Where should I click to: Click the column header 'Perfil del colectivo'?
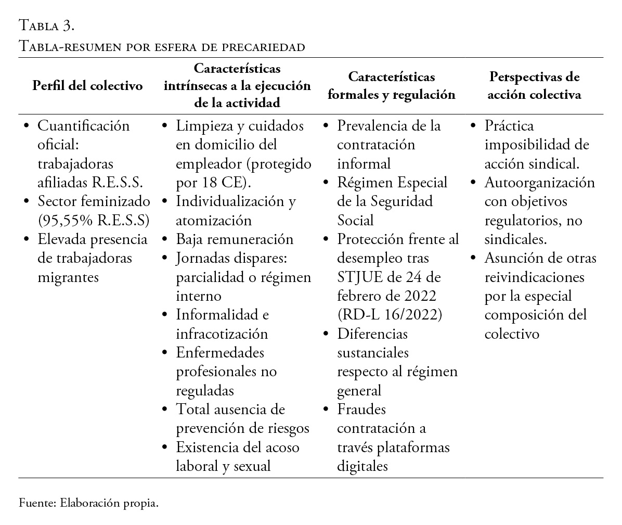(87, 86)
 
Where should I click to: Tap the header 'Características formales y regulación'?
(392, 86)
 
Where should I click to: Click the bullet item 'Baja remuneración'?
(235, 239)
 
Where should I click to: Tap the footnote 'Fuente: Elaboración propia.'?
(88, 504)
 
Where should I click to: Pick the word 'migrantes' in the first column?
(68, 277)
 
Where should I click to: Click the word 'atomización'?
(214, 220)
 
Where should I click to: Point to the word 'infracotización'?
(222, 334)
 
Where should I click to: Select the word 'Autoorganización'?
(539, 183)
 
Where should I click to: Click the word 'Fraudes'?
(361, 409)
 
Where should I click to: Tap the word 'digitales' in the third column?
(362, 466)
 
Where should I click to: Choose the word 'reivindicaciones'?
(534, 277)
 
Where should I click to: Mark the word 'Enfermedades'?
(220, 352)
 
